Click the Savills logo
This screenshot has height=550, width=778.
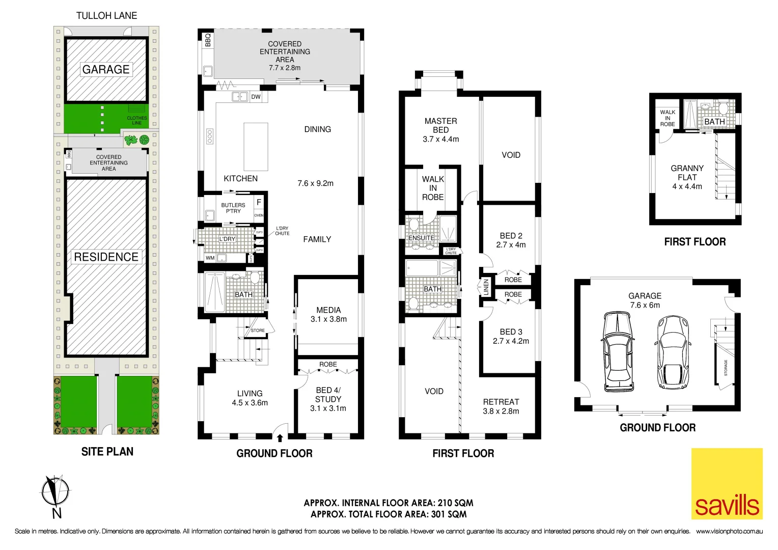pyautogui.click(x=727, y=484)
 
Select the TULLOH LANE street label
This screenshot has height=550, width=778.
pyautogui.click(x=106, y=16)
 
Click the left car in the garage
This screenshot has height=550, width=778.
pyautogui.click(x=618, y=351)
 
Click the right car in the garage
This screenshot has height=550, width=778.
pyautogui.click(x=672, y=352)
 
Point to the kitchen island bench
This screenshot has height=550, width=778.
pyautogui.click(x=256, y=147)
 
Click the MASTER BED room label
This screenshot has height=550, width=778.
pyautogui.click(x=440, y=125)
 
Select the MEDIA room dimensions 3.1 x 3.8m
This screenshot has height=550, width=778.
pyautogui.click(x=328, y=319)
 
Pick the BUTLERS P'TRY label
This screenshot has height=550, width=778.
pyautogui.click(x=233, y=208)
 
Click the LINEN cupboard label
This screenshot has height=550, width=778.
pyautogui.click(x=486, y=287)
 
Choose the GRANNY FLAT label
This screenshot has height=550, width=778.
pyautogui.click(x=687, y=173)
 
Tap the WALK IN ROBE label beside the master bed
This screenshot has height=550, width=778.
pyautogui.click(x=433, y=188)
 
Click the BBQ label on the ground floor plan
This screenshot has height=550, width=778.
pyautogui.click(x=208, y=40)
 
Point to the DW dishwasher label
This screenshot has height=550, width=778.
pyautogui.click(x=256, y=97)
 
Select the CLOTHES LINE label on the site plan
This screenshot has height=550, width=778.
pyautogui.click(x=136, y=120)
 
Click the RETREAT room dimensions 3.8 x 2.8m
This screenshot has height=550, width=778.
pyautogui.click(x=501, y=411)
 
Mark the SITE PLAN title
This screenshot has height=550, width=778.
pyautogui.click(x=107, y=452)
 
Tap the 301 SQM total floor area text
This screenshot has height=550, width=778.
pyautogui.click(x=449, y=514)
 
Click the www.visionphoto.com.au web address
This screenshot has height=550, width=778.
pyautogui.click(x=729, y=532)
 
